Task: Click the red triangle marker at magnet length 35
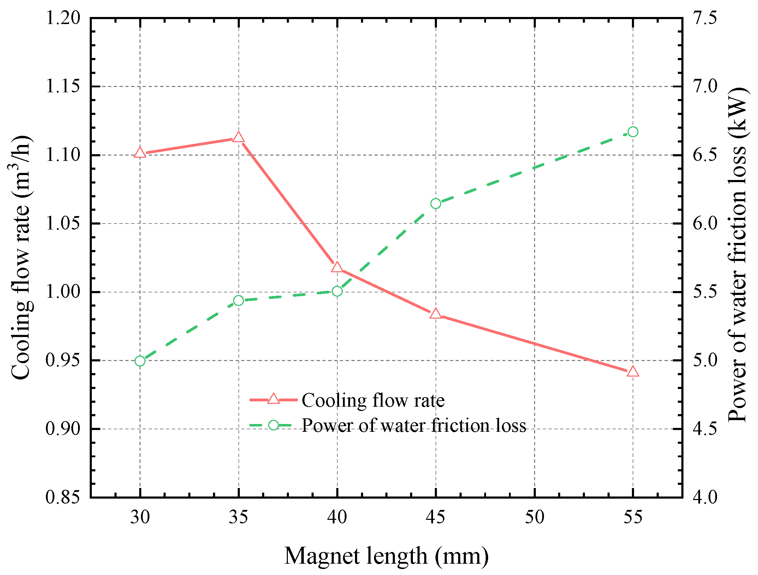pyautogui.click(x=238, y=137)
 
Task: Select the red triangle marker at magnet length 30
pyautogui.click(x=140, y=153)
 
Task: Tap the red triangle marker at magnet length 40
pyautogui.click(x=337, y=267)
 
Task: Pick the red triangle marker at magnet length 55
pyautogui.click(x=633, y=372)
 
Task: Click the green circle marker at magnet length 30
pyautogui.click(x=140, y=361)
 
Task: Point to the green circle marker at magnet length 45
pyautogui.click(x=436, y=204)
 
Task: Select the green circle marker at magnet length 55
pyautogui.click(x=633, y=132)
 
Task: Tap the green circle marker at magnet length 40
pyautogui.click(x=337, y=291)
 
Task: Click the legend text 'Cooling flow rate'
pyautogui.click(x=373, y=400)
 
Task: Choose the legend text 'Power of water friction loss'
pyautogui.click(x=413, y=425)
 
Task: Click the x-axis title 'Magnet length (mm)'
pyautogui.click(x=386, y=556)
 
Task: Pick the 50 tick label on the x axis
pyautogui.click(x=534, y=517)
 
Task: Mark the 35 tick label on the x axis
pyautogui.click(x=238, y=517)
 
